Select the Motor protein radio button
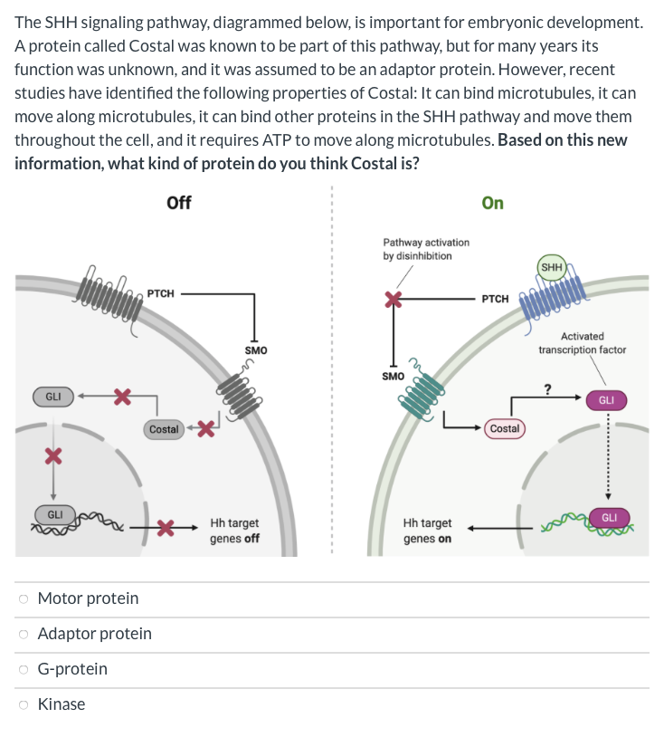(x=24, y=598)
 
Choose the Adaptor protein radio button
(x=24, y=634)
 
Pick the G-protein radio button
(x=24, y=669)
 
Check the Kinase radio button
(x=24, y=704)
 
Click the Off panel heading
(x=179, y=203)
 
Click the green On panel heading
(x=493, y=203)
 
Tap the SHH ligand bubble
(x=552, y=267)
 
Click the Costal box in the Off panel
(x=164, y=428)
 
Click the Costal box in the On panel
(x=505, y=428)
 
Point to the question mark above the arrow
(x=546, y=389)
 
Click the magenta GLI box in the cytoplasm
(x=606, y=399)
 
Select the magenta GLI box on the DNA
(x=609, y=517)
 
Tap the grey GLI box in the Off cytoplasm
(x=53, y=397)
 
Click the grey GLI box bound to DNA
(x=55, y=514)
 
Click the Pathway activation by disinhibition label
(x=426, y=249)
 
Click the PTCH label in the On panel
(x=495, y=299)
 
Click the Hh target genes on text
(x=427, y=531)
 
